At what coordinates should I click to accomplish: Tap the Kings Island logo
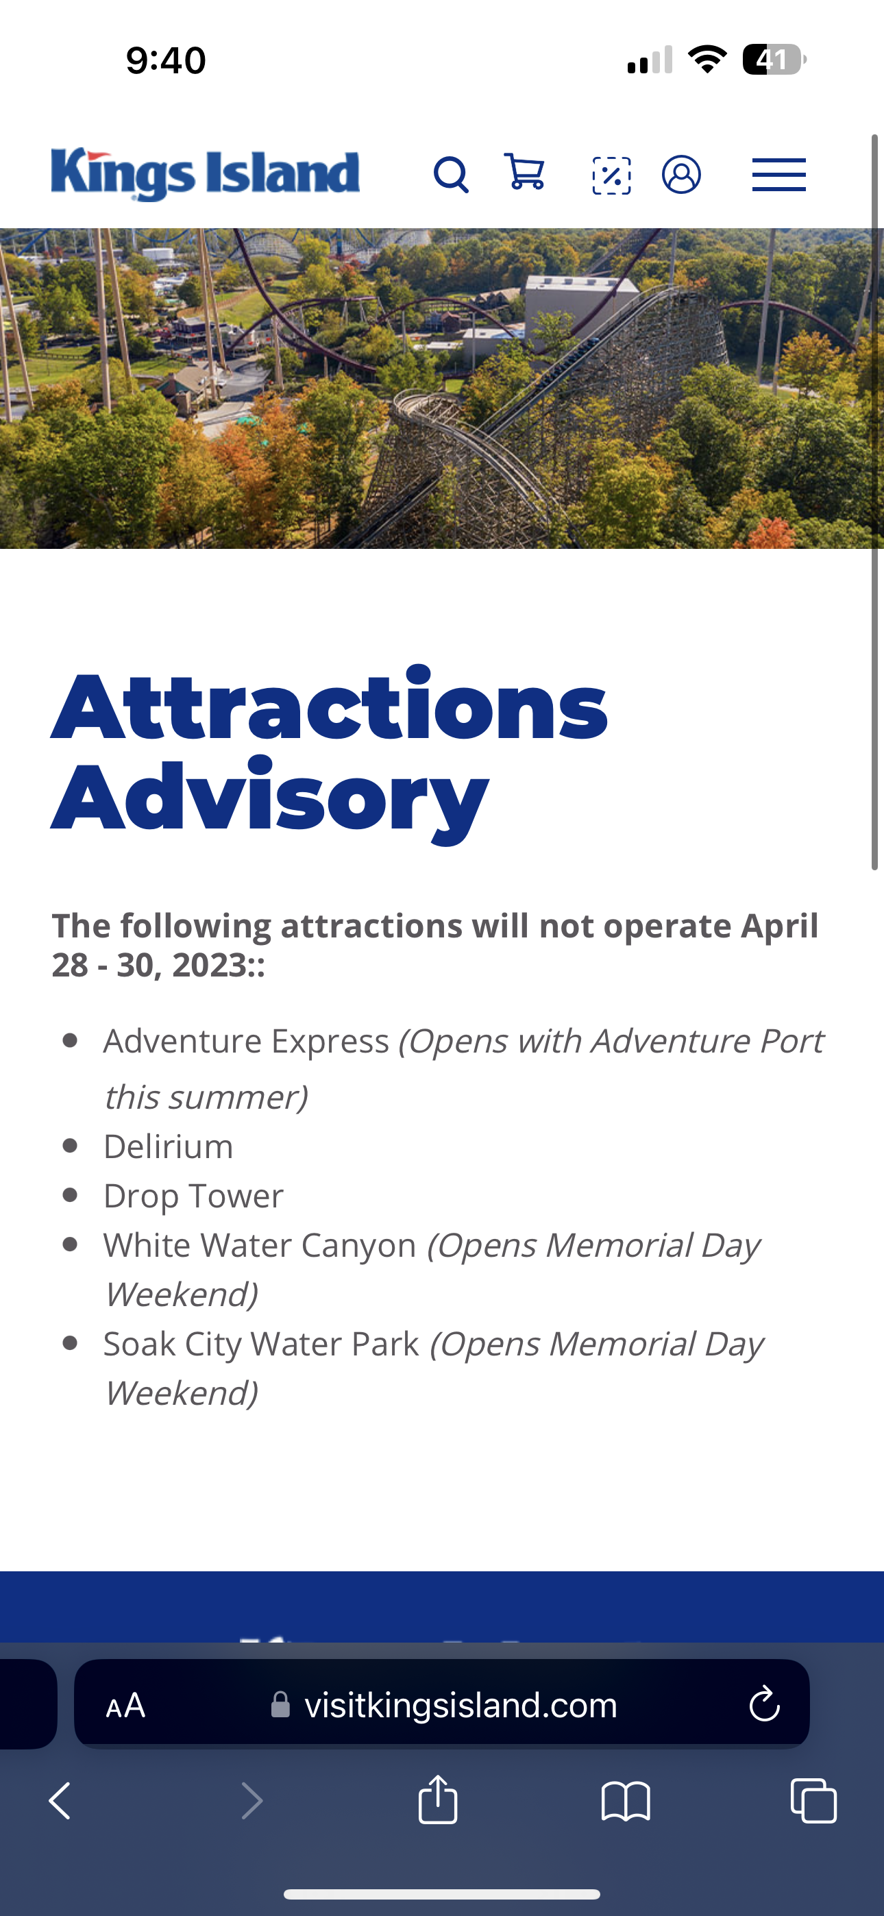click(206, 174)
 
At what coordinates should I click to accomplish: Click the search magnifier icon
click(452, 175)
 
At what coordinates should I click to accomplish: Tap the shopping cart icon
click(525, 172)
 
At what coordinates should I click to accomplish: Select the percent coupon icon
click(612, 175)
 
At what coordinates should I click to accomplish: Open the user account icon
click(682, 175)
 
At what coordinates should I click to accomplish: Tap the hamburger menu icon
click(779, 175)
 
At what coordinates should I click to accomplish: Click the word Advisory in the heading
click(269, 798)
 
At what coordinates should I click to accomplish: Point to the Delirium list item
click(168, 1146)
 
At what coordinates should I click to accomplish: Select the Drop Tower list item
click(193, 1195)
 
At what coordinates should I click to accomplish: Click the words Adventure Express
click(246, 1040)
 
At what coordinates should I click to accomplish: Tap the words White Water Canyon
click(260, 1245)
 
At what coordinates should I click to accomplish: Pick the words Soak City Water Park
click(261, 1343)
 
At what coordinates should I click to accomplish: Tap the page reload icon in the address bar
click(764, 1704)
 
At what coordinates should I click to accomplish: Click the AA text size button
click(126, 1705)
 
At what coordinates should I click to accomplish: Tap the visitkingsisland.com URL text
click(461, 1705)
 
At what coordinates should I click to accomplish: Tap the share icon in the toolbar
click(439, 1800)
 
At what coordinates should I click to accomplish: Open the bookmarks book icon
click(626, 1801)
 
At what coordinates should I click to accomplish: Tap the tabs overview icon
click(813, 1801)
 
